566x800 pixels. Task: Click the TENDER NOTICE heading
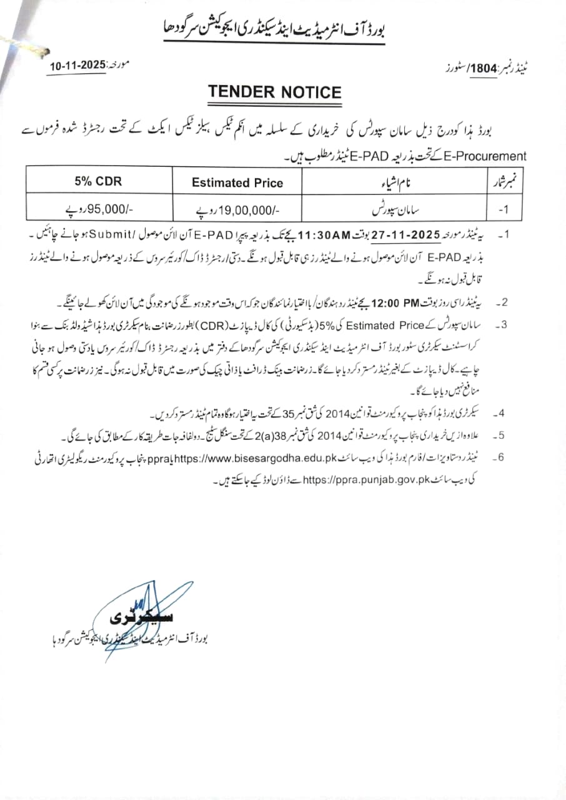coord(275,92)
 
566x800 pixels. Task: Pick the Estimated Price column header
coord(237,183)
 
